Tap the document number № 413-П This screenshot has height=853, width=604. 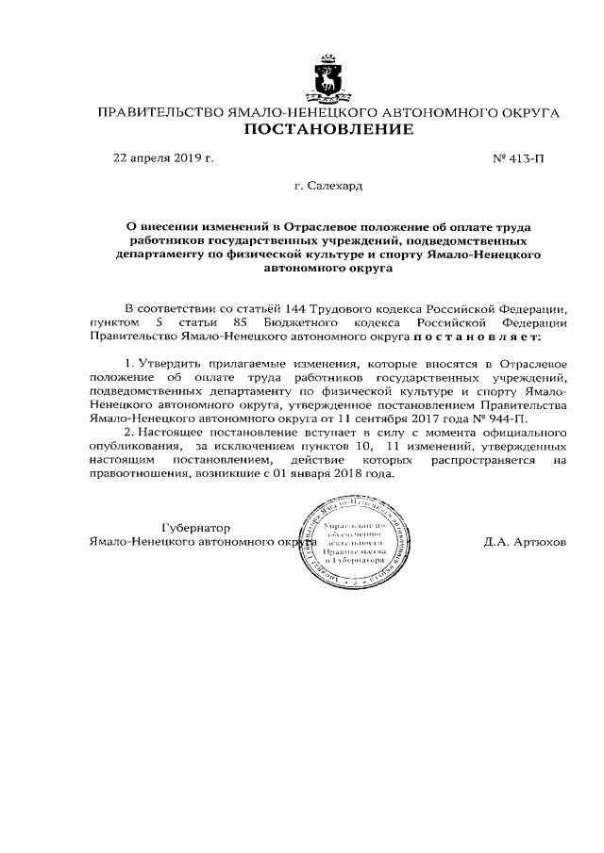coord(519,158)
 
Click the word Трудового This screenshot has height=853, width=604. coord(345,308)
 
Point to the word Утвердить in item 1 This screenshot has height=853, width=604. coord(171,363)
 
